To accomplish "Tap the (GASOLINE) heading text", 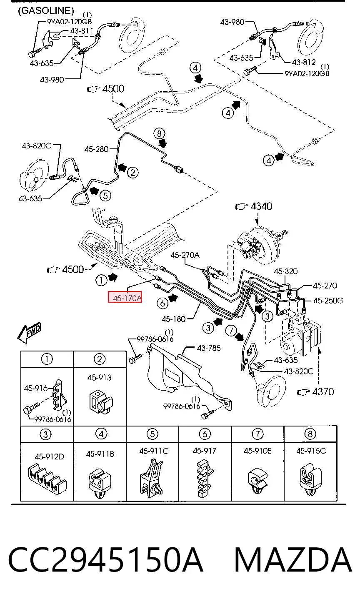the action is [46, 10].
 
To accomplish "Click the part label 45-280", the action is [96, 149].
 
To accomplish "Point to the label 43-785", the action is [209, 348].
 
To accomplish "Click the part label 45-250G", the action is [328, 301].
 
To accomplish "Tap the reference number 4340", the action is [261, 206].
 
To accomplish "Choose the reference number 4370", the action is [323, 392].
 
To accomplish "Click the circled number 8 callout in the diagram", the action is [159, 133].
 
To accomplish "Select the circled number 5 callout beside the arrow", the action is [105, 196].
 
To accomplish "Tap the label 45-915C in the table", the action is [311, 451].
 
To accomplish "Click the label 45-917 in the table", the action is [205, 451].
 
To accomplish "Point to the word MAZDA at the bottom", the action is [293, 560].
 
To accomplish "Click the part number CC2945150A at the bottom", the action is [105, 560].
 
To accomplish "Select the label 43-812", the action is [304, 63].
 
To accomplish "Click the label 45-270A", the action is [185, 255].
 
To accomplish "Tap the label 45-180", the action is [174, 319].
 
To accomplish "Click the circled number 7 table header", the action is [257, 434].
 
